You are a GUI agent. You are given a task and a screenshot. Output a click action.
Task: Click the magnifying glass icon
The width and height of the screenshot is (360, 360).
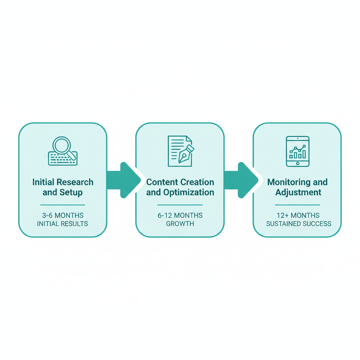[x=62, y=146]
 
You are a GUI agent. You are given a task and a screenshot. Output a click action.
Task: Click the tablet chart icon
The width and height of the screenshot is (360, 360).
[x=298, y=151]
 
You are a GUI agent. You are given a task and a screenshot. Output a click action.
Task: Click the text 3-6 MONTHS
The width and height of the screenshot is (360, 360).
[x=63, y=215]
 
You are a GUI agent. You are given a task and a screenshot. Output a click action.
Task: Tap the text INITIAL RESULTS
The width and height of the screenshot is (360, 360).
[x=63, y=224]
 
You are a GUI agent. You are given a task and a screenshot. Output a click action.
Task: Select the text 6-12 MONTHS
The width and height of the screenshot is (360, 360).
[x=180, y=215]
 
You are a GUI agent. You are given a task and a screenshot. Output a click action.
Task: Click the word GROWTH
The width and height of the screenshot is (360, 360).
[x=180, y=224]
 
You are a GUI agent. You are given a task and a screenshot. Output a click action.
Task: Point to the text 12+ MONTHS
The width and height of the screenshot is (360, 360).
[x=298, y=215]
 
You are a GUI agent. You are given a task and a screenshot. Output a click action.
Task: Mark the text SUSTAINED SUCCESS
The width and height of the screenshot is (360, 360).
[x=298, y=224]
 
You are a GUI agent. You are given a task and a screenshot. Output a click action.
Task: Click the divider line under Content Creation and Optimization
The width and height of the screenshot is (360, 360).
[x=180, y=205]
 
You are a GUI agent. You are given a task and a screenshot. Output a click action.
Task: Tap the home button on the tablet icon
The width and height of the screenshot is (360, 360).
[x=298, y=163]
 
